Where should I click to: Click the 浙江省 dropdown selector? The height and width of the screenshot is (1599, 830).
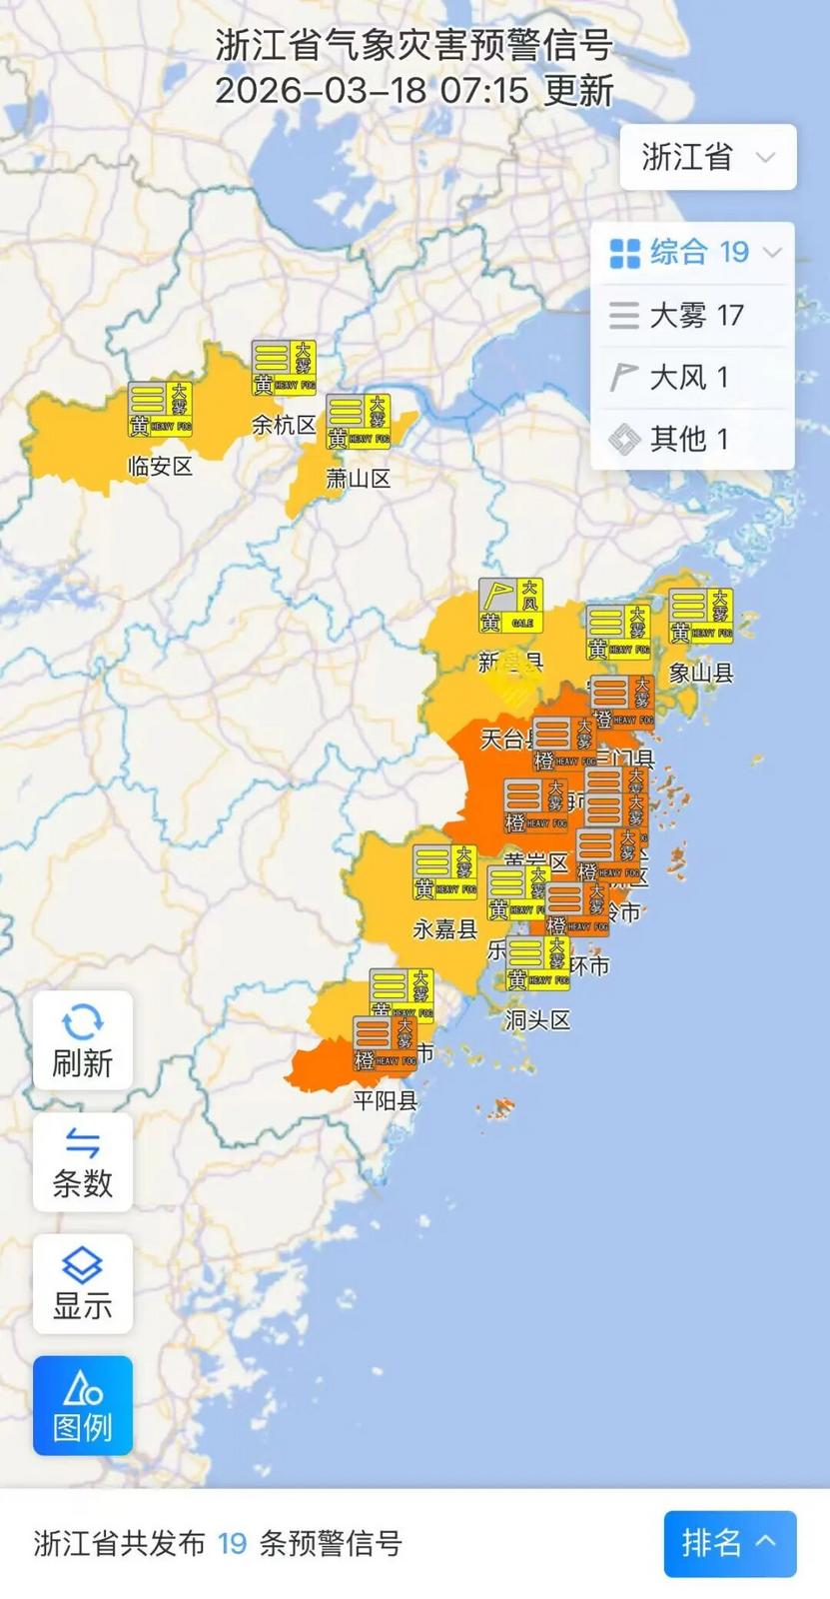[x=707, y=157]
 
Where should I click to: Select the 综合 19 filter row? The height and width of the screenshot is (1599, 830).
[x=693, y=253]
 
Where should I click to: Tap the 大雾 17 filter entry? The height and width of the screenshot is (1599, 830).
[x=693, y=316]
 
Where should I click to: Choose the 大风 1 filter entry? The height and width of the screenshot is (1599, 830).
[x=693, y=378]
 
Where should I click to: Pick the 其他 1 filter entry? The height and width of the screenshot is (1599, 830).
[x=693, y=439]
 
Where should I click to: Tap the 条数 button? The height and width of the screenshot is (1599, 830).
[x=83, y=1162]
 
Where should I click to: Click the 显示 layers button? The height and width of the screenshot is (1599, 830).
[x=83, y=1284]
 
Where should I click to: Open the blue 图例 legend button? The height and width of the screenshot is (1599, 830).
[x=83, y=1405]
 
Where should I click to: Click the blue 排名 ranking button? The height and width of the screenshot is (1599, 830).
[x=729, y=1543]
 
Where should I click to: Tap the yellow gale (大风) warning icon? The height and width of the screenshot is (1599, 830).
[x=510, y=606]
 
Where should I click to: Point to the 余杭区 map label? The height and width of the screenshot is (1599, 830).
[x=284, y=425]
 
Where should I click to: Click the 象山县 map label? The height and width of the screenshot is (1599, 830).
[x=701, y=673]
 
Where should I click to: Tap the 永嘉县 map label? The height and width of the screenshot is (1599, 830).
[x=445, y=929]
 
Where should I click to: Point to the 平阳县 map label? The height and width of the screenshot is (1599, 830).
[x=386, y=1101]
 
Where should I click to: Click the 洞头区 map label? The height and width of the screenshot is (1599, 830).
[x=537, y=1020]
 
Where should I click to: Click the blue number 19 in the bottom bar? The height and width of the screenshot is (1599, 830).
[x=233, y=1544]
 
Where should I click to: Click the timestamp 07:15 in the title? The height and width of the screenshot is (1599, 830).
[x=484, y=91]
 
